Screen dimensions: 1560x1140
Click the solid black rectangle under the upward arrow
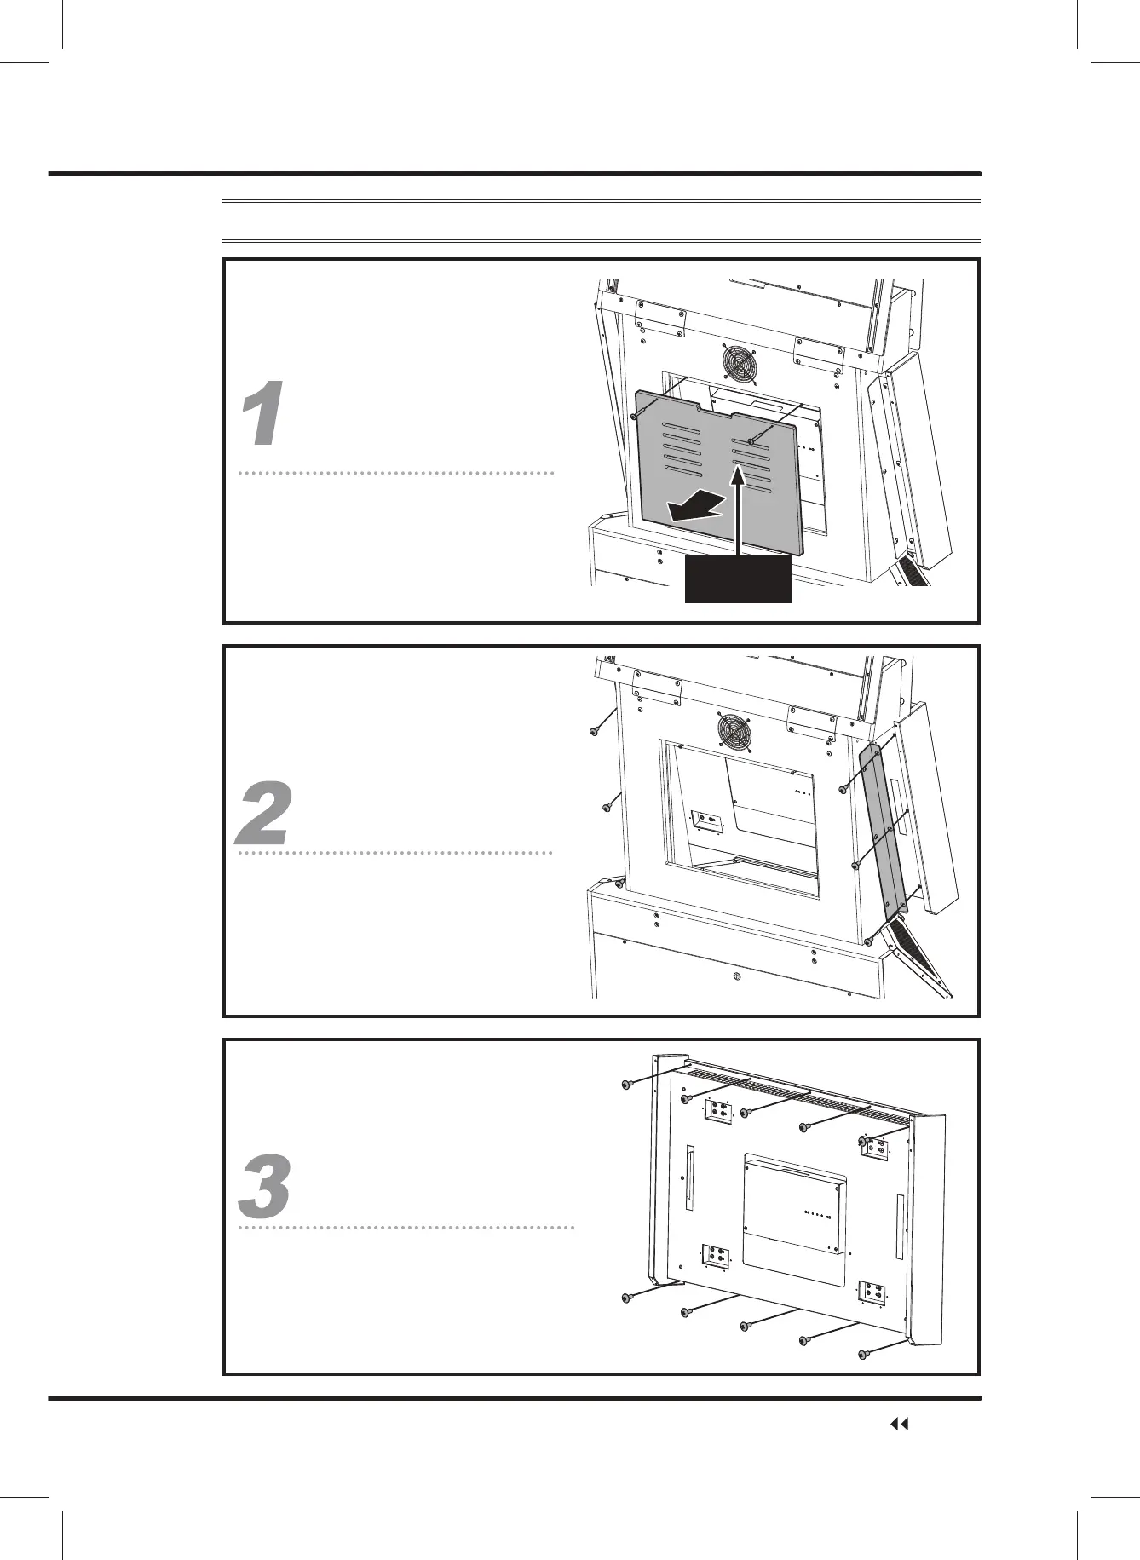coord(739,579)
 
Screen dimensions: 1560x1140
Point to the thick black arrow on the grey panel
coord(696,508)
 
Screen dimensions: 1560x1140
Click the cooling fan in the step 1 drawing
coord(740,364)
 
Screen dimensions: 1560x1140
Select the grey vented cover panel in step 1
coord(721,477)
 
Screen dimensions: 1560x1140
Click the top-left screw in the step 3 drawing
coord(627,1085)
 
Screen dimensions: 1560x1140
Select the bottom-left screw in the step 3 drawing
coord(627,1321)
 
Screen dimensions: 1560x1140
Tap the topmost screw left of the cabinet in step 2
coord(595,730)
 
